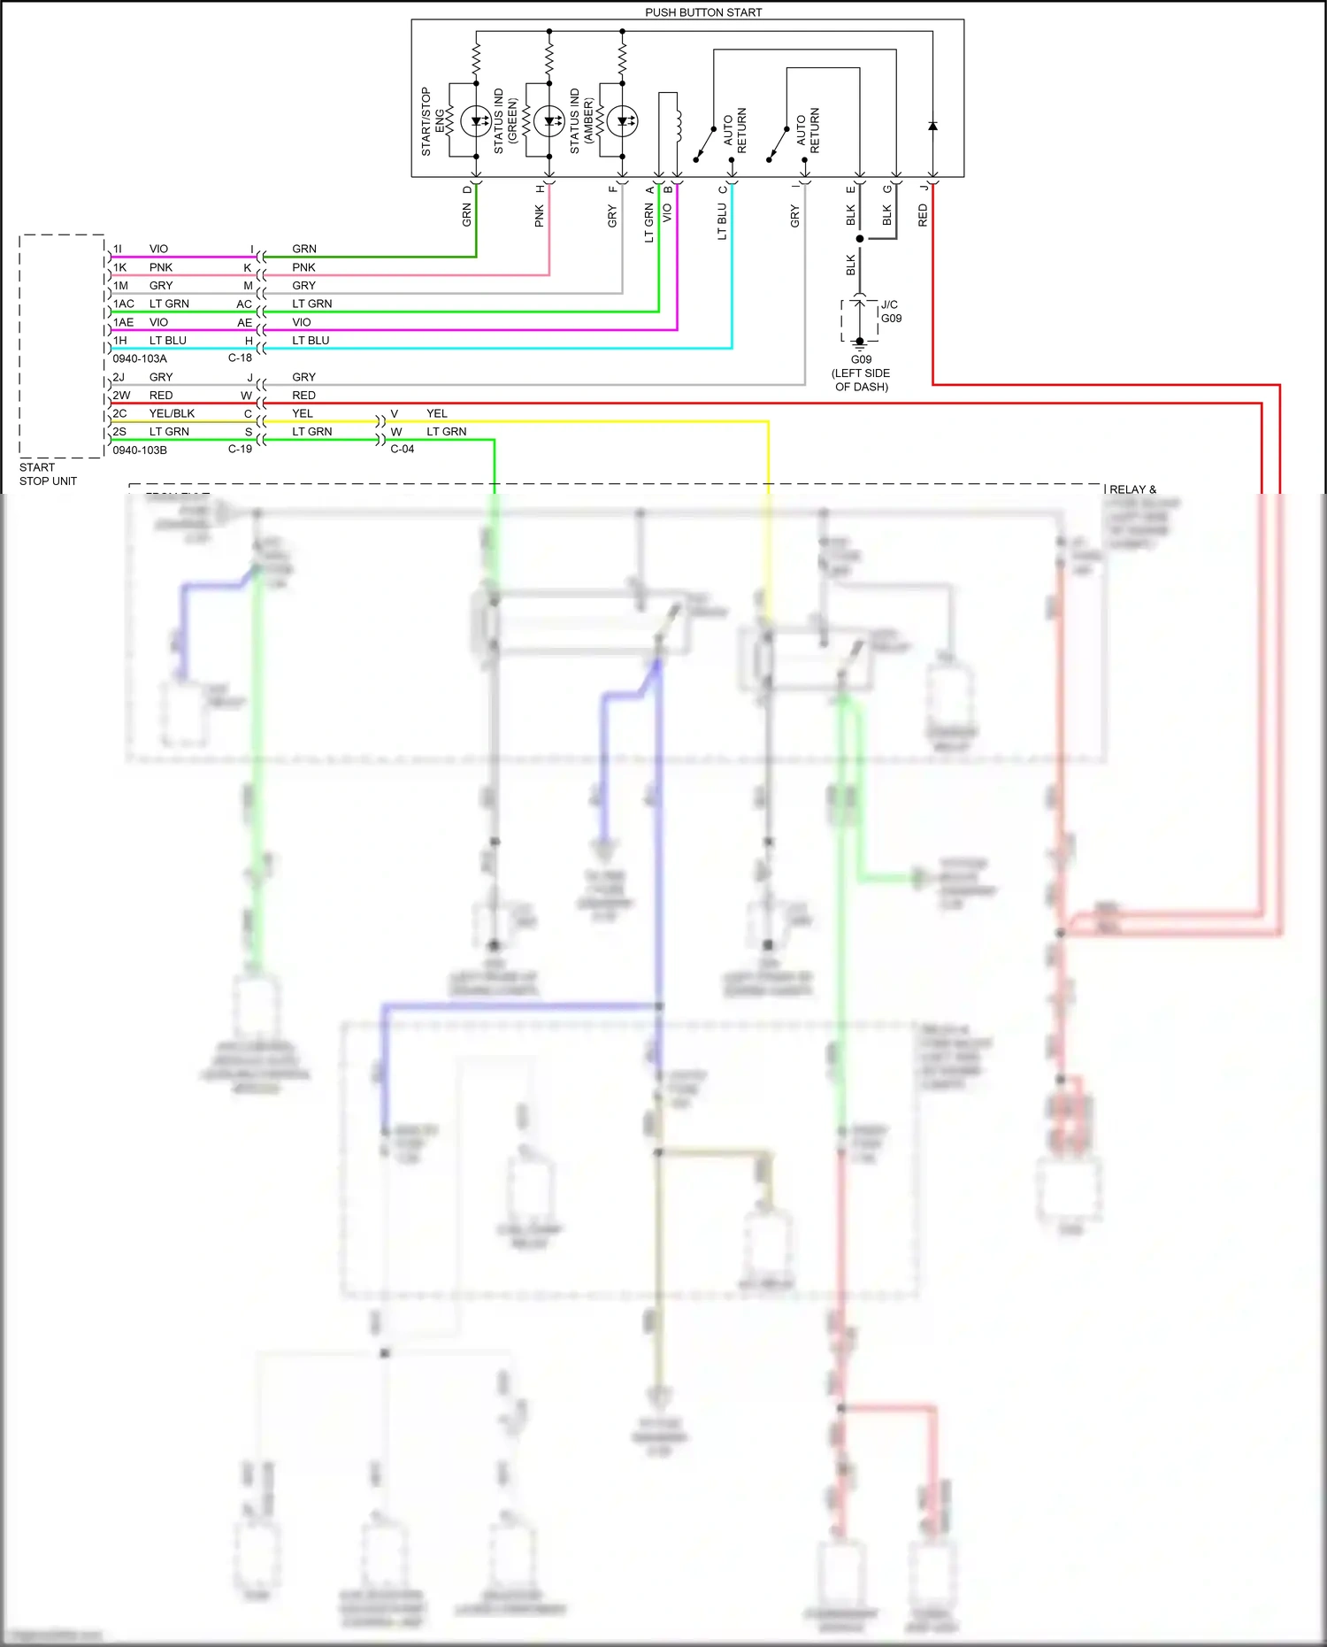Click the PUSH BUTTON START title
point(703,12)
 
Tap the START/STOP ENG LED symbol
point(476,121)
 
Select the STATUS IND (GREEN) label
point(505,121)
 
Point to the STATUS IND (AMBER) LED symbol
point(622,121)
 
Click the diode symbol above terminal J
point(932,127)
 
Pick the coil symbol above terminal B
point(678,124)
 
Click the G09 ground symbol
point(859,347)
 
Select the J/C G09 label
point(891,312)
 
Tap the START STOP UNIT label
point(48,474)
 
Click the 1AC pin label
point(124,304)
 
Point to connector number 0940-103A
point(140,358)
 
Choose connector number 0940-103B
point(140,450)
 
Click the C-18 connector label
point(240,358)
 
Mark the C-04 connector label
point(403,449)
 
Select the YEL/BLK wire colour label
point(172,413)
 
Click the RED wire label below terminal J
point(923,215)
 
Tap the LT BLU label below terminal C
point(722,221)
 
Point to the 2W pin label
point(121,395)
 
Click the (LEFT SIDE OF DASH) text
point(861,380)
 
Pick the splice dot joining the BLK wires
point(859,239)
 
